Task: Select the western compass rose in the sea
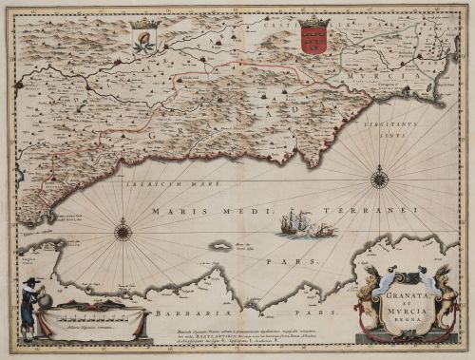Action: pyautogui.click(x=123, y=230)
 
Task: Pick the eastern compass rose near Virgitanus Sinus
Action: pyautogui.click(x=379, y=177)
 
